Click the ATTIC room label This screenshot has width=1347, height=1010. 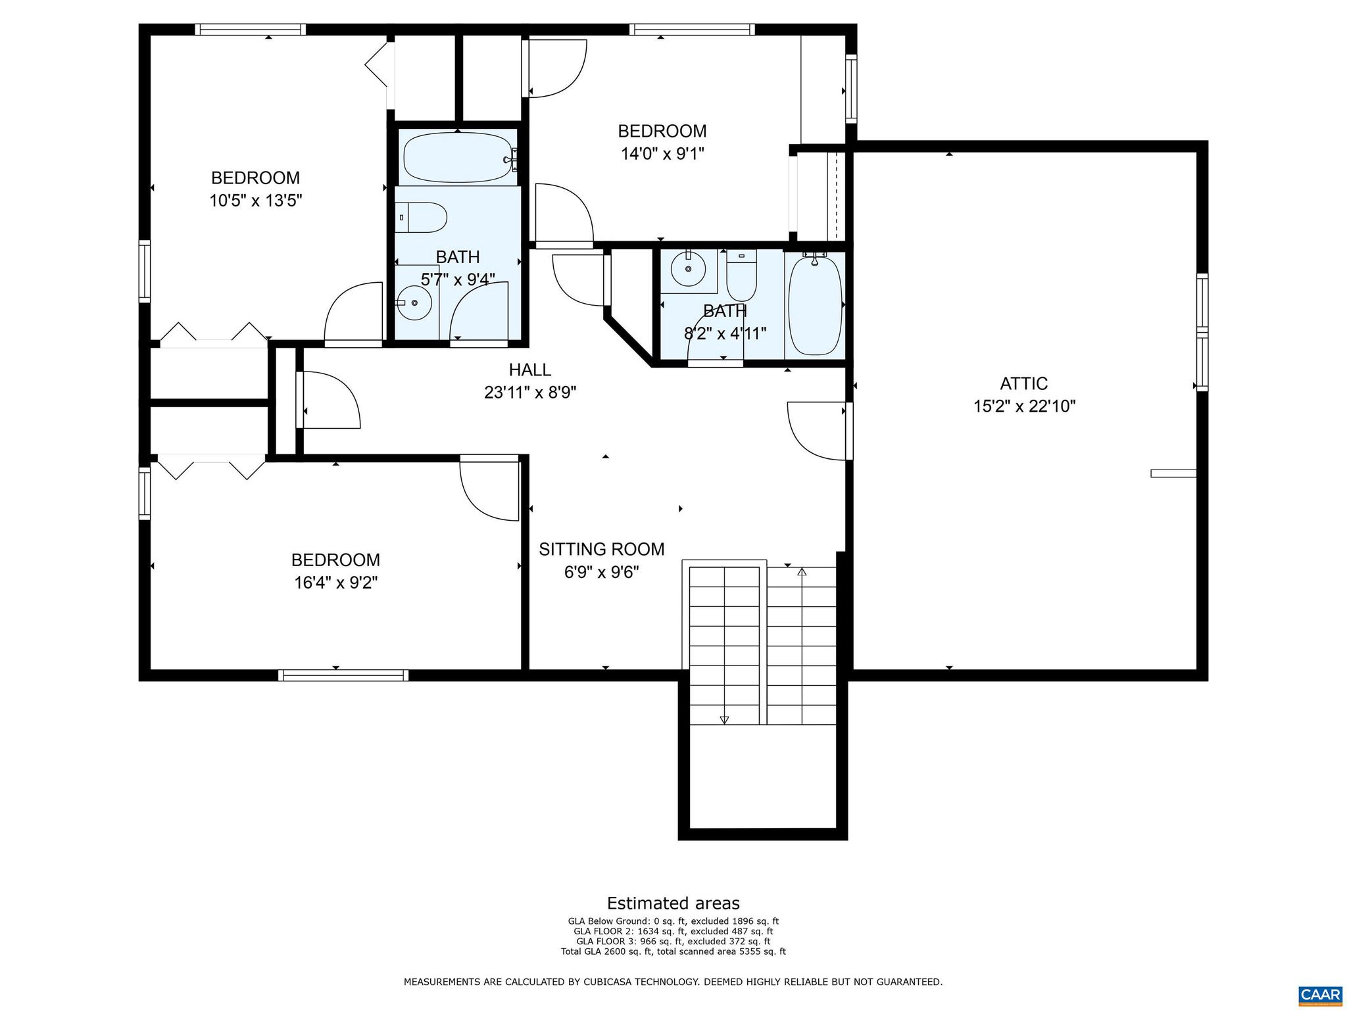[1023, 383]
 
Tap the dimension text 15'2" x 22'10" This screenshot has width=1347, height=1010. [1023, 406]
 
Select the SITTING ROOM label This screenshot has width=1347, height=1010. [601, 549]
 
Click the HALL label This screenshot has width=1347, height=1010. [529, 370]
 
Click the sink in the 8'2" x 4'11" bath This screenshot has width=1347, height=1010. [688, 269]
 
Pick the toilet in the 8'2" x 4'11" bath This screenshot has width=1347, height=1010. [741, 277]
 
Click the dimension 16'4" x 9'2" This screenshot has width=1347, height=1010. [335, 583]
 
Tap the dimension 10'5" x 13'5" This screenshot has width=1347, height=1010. [255, 201]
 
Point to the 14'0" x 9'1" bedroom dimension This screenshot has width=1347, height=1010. [662, 154]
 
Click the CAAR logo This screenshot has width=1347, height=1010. [1320, 994]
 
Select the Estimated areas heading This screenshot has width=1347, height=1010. [673, 903]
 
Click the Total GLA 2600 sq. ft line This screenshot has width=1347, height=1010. [673, 951]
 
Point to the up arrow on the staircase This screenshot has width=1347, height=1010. [801, 572]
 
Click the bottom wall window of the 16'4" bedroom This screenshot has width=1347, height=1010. [343, 675]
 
